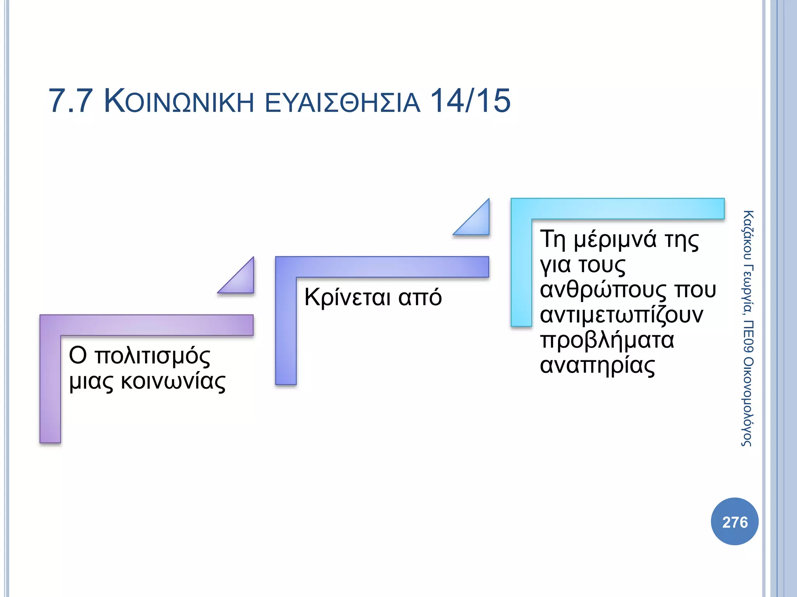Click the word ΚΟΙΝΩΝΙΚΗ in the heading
tap(179, 102)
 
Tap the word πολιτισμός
tap(152, 356)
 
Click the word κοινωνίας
tap(173, 382)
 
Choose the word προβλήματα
tap(607, 340)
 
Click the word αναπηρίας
tap(597, 366)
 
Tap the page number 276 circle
tap(735, 522)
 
